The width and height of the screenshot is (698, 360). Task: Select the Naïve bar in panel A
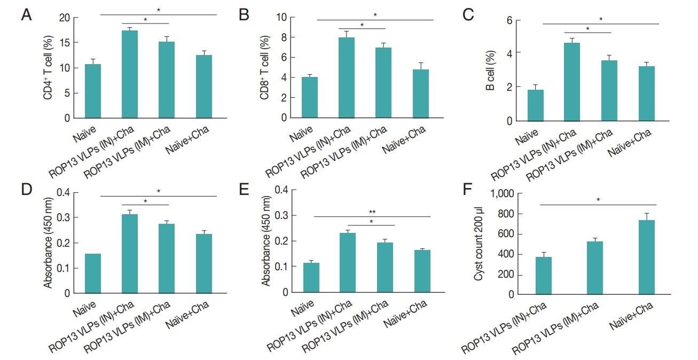[93, 91]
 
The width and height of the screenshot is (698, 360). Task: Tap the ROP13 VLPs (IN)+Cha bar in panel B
[347, 78]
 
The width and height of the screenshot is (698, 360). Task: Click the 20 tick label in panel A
[64, 18]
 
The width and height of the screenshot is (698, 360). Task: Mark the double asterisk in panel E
[372, 212]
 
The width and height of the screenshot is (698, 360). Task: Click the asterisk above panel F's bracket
[598, 200]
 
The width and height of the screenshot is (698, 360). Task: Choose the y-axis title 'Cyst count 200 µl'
[479, 245]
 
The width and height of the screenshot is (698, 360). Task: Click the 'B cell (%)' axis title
[489, 71]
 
